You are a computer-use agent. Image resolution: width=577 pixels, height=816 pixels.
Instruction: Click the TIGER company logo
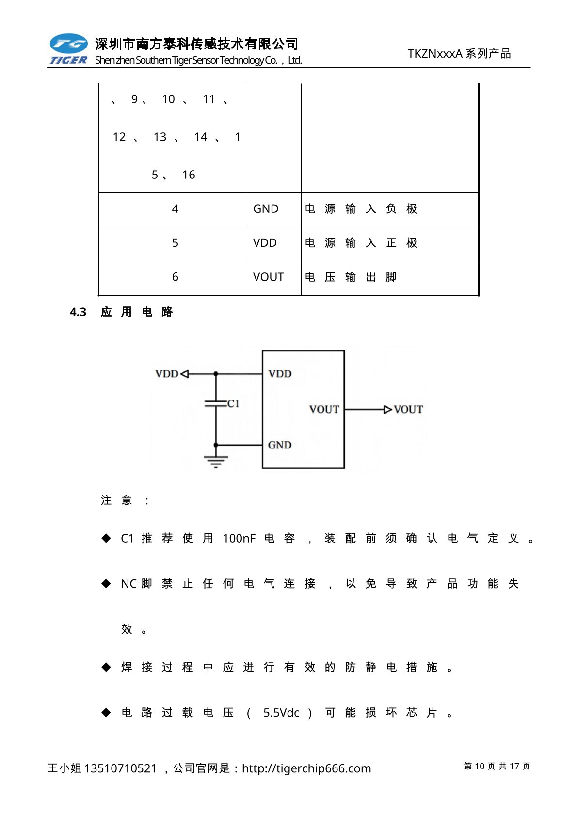(68, 49)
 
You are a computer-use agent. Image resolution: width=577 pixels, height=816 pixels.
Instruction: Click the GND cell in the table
(266, 209)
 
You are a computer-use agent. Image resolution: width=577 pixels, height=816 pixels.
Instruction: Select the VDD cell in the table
(265, 243)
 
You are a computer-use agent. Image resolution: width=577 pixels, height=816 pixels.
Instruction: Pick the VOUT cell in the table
(268, 277)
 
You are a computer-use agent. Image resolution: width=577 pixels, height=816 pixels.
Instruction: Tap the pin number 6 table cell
(175, 277)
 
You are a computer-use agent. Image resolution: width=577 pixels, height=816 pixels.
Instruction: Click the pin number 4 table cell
(175, 209)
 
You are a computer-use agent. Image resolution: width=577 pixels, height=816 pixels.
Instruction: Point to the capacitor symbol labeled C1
(216, 403)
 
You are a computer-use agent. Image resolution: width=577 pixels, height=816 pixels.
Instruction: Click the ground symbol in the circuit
(216, 461)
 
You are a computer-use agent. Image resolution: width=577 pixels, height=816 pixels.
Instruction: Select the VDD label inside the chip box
(280, 374)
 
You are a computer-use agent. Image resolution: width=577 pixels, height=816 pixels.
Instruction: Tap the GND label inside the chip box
(280, 445)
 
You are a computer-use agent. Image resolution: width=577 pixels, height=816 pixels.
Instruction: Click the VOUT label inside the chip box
(324, 410)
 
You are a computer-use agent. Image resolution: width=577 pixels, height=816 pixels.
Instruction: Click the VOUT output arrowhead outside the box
(387, 410)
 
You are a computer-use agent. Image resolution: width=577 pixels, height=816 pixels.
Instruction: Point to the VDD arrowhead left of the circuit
(184, 374)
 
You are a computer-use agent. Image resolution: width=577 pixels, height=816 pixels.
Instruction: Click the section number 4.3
(78, 312)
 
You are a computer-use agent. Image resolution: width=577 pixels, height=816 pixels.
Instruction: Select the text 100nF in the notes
(239, 539)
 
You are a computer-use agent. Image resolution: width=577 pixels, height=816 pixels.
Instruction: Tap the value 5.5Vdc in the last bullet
(281, 713)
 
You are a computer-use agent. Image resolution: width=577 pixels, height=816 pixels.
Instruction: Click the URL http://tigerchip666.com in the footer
(306, 768)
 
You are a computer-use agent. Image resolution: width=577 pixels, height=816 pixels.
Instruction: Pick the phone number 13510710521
(120, 768)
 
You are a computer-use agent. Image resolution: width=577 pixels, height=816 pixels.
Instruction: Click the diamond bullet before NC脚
(106, 583)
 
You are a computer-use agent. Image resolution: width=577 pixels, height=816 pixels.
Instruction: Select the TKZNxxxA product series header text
(459, 54)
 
